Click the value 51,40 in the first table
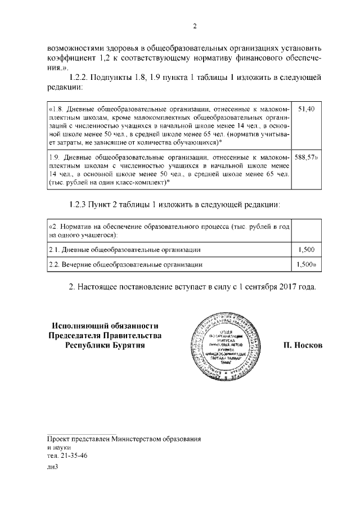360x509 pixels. click(305, 108)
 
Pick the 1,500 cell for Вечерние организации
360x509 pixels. click(306, 263)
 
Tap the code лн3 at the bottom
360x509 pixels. click(53, 467)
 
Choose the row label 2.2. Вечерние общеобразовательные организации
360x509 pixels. click(125, 263)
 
